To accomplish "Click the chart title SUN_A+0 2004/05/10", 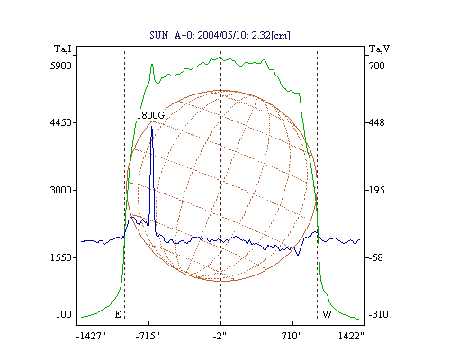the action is pyautogui.click(x=220, y=35).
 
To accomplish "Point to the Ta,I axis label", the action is pyautogui.click(x=63, y=49).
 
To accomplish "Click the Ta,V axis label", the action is pyautogui.click(x=379, y=49).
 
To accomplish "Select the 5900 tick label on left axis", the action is pyautogui.click(x=61, y=66).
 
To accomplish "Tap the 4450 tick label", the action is pyautogui.click(x=61, y=122).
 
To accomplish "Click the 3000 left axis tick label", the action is pyautogui.click(x=61, y=190).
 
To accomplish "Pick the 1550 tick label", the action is pyautogui.click(x=61, y=257).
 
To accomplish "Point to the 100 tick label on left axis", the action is pyautogui.click(x=64, y=314).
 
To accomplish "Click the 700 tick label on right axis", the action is pyautogui.click(x=377, y=66).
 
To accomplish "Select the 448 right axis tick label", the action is pyautogui.click(x=377, y=122).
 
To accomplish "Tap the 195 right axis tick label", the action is pyautogui.click(x=377, y=190).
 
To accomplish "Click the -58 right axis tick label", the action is pyautogui.click(x=376, y=257).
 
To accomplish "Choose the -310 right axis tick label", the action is pyautogui.click(x=378, y=314).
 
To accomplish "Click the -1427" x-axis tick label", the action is pyautogui.click(x=91, y=336).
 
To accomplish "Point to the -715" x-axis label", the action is pyautogui.click(x=148, y=336).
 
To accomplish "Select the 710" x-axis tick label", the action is pyautogui.click(x=292, y=336).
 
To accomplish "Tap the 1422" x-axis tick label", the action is pyautogui.click(x=351, y=336).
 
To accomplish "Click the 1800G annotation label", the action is pyautogui.click(x=150, y=115).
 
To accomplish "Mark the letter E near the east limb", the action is pyautogui.click(x=118, y=314).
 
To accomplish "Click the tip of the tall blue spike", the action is pyautogui.click(x=152, y=127).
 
